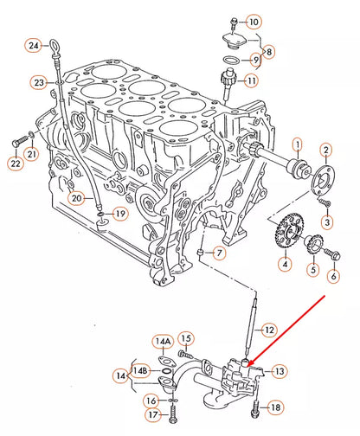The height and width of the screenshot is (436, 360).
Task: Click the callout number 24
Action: (x=34, y=44)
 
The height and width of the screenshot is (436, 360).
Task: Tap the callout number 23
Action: (x=39, y=83)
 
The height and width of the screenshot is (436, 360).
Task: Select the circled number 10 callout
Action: (x=253, y=21)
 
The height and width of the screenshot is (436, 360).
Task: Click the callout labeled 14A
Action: (x=164, y=342)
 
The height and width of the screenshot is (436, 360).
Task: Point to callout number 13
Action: (x=279, y=371)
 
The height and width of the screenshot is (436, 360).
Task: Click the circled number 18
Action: (x=274, y=407)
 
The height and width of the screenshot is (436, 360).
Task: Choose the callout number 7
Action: (x=219, y=253)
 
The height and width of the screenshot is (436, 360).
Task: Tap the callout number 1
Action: (x=296, y=144)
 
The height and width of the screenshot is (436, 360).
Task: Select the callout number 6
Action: (x=333, y=276)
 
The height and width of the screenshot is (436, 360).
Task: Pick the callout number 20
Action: (x=76, y=198)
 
